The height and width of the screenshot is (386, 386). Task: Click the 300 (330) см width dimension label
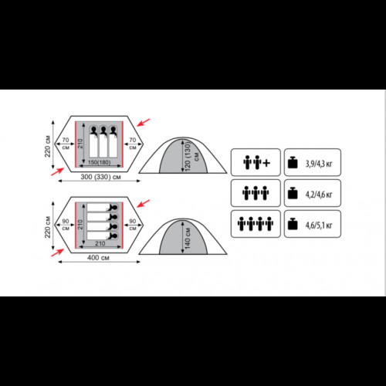[100, 177]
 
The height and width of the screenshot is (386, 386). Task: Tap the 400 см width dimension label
[98, 258]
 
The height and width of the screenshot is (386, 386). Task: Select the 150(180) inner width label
[99, 162]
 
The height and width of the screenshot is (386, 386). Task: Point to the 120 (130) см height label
[191, 156]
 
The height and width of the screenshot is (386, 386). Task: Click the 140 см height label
[188, 239]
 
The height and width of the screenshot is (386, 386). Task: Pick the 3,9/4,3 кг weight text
[319, 164]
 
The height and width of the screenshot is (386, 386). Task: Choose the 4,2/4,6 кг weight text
[319, 195]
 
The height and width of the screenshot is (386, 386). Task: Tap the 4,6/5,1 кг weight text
[319, 225]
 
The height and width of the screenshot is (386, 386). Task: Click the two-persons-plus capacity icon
[256, 163]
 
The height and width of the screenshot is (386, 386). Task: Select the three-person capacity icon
[256, 193]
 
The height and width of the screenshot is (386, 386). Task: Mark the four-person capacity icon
[256, 224]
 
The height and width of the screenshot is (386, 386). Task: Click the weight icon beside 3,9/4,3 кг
[293, 162]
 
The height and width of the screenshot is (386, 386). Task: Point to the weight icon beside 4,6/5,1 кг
[293, 224]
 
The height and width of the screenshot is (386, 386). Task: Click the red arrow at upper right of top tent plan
[143, 123]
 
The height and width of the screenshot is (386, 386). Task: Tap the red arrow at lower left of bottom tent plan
[57, 252]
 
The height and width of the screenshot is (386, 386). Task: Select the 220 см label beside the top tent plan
[48, 146]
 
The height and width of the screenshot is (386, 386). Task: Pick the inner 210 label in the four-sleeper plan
[80, 225]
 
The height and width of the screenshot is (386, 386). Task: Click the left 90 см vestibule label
[66, 225]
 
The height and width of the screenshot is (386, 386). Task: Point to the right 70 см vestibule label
[133, 144]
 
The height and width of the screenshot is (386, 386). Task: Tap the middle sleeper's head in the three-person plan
[103, 129]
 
